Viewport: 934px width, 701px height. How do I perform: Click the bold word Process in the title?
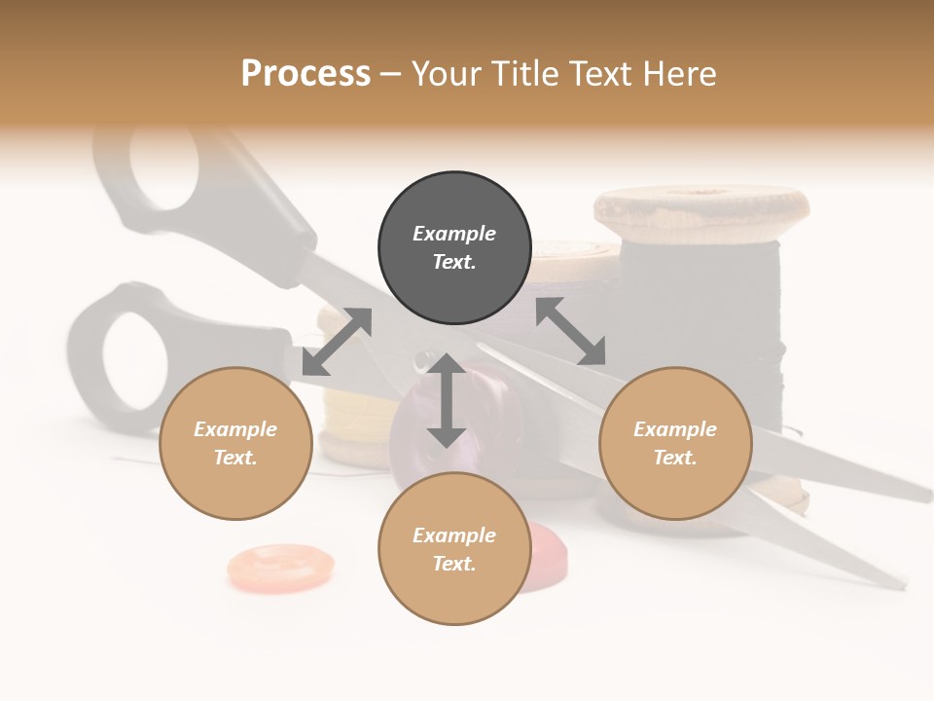click(x=305, y=73)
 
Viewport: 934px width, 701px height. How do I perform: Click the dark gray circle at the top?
click(x=454, y=247)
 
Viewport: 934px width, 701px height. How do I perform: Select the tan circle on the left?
click(x=235, y=443)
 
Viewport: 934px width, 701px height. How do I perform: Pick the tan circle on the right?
click(x=675, y=443)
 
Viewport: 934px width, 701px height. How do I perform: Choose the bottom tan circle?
click(x=454, y=548)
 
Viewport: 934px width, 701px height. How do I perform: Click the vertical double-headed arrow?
click(x=447, y=400)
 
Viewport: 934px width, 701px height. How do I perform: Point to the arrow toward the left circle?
click(x=337, y=341)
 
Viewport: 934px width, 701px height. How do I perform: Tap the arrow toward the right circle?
click(x=571, y=331)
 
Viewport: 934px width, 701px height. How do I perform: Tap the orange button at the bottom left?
click(x=280, y=567)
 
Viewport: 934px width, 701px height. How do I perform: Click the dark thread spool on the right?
click(x=700, y=321)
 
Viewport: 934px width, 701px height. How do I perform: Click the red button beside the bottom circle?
click(x=541, y=555)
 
